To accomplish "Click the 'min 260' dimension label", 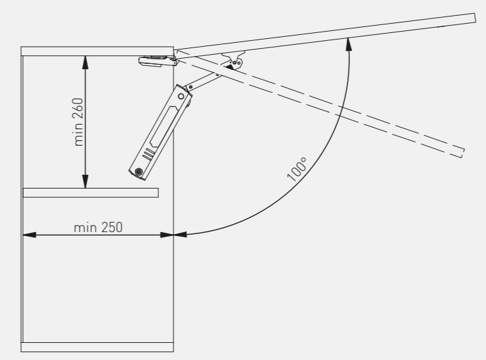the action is [78, 122].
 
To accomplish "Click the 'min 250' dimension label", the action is [98, 227].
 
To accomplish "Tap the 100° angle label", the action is [297, 169].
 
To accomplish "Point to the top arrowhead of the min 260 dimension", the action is [86, 62].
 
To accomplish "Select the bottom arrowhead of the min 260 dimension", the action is [86, 181].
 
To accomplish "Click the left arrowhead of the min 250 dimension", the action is [30, 235].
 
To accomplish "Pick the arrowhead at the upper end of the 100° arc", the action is [349, 44].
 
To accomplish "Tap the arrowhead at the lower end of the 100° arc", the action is [180, 235].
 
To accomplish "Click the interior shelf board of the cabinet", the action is [91, 193].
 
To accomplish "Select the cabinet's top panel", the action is [97, 51].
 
